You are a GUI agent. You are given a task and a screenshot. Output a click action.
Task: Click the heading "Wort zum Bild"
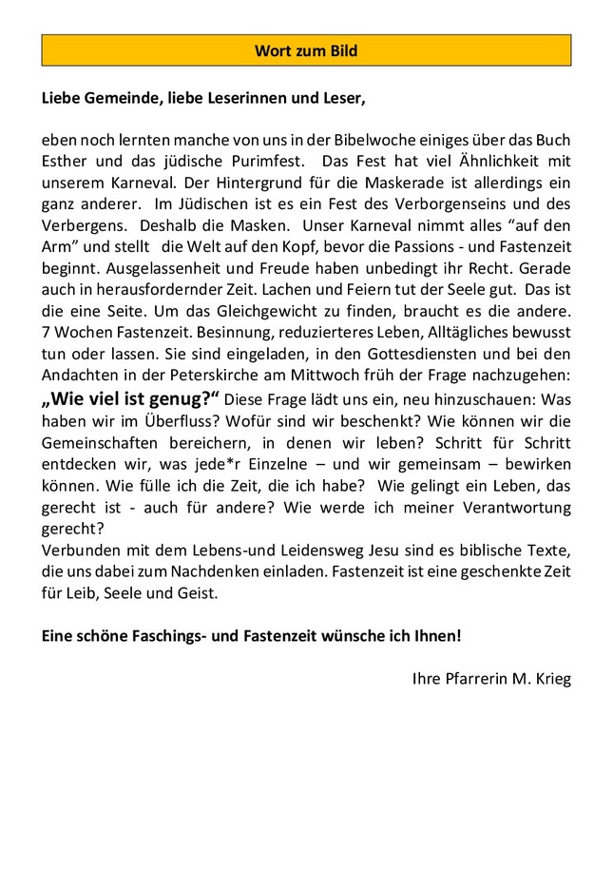pyautogui.click(x=306, y=50)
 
